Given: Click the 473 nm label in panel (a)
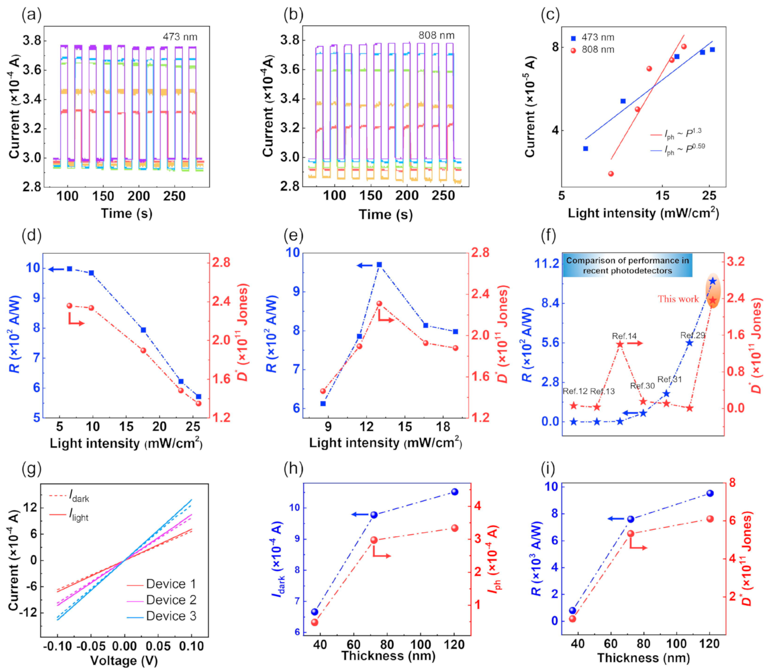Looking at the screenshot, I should [x=180, y=37].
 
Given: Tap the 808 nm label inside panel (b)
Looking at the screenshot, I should [x=436, y=35].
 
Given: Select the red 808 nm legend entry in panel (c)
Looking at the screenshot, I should [x=597, y=50].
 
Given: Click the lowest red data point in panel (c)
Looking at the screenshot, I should [x=611, y=174].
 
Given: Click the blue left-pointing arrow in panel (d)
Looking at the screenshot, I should [x=56, y=269].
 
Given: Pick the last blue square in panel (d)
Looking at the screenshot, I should [x=199, y=397].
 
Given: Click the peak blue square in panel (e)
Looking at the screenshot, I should [x=379, y=265].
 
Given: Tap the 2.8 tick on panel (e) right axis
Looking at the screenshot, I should [x=481, y=253].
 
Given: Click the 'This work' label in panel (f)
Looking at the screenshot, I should [x=678, y=299].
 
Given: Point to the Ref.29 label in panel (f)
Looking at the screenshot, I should [x=693, y=335].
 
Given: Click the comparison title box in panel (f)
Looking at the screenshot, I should [x=627, y=265].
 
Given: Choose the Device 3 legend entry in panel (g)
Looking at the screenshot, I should [x=171, y=616].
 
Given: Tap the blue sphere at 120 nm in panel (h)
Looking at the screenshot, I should [x=455, y=492].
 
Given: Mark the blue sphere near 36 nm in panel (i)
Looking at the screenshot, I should [x=573, y=611].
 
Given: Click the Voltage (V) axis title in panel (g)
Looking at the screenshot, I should [x=124, y=660].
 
